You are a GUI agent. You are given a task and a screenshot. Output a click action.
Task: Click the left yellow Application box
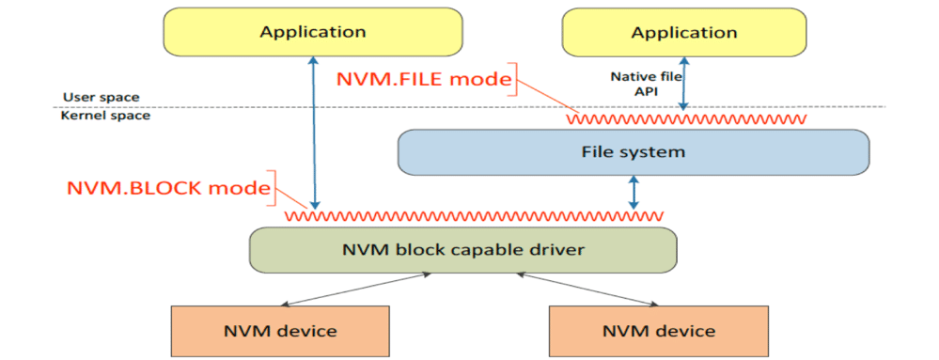[x=312, y=32]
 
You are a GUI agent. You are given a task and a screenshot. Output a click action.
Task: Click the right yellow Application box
[x=683, y=33]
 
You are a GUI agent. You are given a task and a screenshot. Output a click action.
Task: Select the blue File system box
[x=633, y=151]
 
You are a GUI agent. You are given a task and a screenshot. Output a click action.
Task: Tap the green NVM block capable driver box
[x=462, y=249]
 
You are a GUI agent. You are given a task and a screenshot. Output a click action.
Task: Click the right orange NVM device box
[x=657, y=331]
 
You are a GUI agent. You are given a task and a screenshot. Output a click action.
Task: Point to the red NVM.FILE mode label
[x=422, y=80]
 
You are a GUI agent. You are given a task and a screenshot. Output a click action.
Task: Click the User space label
[x=101, y=97]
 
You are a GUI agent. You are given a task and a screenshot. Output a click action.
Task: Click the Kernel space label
[x=105, y=116]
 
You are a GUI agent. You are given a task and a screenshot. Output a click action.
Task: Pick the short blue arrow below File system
[x=633, y=193]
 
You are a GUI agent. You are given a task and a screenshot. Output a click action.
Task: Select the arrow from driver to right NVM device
[x=587, y=290]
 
